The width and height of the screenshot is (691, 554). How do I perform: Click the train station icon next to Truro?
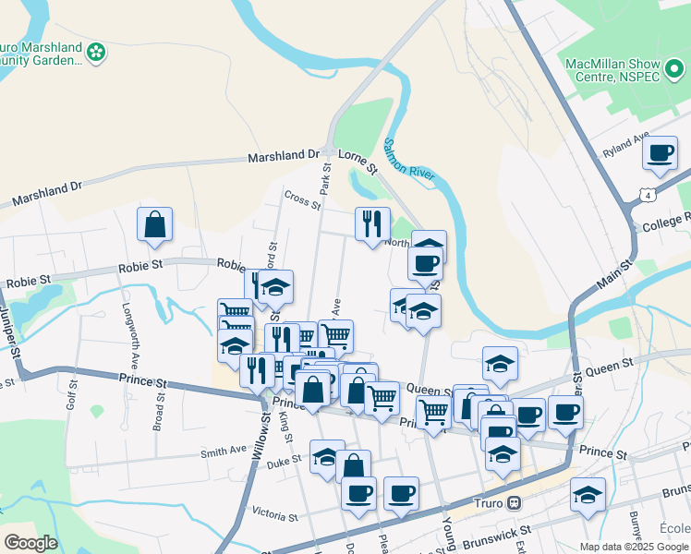(x=515, y=504)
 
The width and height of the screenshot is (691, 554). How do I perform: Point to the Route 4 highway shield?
(x=649, y=195)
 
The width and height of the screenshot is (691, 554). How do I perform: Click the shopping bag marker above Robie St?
(x=154, y=224)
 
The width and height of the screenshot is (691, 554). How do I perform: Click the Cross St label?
(x=301, y=198)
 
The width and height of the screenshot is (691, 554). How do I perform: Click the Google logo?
(x=31, y=542)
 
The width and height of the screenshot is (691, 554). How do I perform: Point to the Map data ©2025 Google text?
(x=634, y=547)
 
